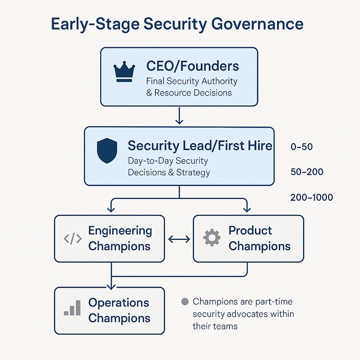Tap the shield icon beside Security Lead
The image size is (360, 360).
click(x=107, y=150)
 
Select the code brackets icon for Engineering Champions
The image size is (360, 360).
click(x=73, y=239)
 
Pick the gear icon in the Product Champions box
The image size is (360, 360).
click(x=212, y=238)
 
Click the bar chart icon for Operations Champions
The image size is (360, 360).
click(x=72, y=308)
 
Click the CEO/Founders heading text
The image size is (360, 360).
click(x=192, y=66)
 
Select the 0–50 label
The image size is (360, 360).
click(x=302, y=147)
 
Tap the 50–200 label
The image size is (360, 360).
click(x=307, y=172)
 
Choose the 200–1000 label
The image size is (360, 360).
click(x=311, y=197)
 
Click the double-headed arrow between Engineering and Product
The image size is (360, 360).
click(x=179, y=239)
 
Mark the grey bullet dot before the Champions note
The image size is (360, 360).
click(x=185, y=302)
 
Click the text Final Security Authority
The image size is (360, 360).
click(x=192, y=81)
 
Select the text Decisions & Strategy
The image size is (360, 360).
click(x=169, y=173)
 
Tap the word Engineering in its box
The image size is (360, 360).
click(x=120, y=231)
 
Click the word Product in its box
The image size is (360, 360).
click(x=250, y=231)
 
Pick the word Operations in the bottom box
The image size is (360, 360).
click(x=118, y=303)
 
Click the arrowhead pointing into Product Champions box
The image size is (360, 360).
click(x=247, y=210)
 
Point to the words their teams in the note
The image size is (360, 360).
click(x=215, y=326)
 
